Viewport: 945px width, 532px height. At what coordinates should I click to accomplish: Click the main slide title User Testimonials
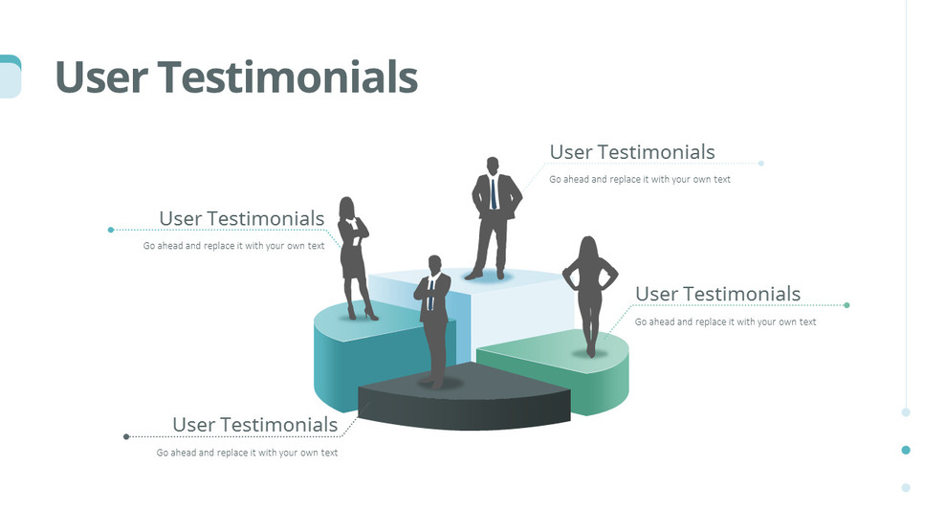pyautogui.click(x=236, y=77)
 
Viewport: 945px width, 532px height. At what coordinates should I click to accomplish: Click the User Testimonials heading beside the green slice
pyautogui.click(x=717, y=294)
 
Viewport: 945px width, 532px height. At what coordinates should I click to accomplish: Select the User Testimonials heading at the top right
pyautogui.click(x=632, y=152)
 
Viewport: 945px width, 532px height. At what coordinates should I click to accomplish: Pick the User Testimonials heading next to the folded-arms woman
pyautogui.click(x=241, y=218)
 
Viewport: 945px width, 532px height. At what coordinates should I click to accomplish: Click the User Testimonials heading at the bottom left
pyautogui.click(x=254, y=424)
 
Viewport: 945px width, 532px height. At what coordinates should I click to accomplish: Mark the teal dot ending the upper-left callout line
pyautogui.click(x=111, y=230)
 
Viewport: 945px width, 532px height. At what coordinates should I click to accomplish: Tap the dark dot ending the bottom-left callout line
pyautogui.click(x=126, y=436)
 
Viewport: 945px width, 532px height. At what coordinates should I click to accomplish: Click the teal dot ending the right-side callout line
pyautogui.click(x=847, y=305)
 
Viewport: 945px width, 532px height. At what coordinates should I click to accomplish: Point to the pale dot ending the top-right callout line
pyautogui.click(x=761, y=164)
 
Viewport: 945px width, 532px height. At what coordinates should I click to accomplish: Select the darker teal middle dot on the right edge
pyautogui.click(x=906, y=450)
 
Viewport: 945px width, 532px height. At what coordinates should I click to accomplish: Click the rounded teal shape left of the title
pyautogui.click(x=10, y=77)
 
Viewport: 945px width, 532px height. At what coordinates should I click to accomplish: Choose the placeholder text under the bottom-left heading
pyautogui.click(x=247, y=453)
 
